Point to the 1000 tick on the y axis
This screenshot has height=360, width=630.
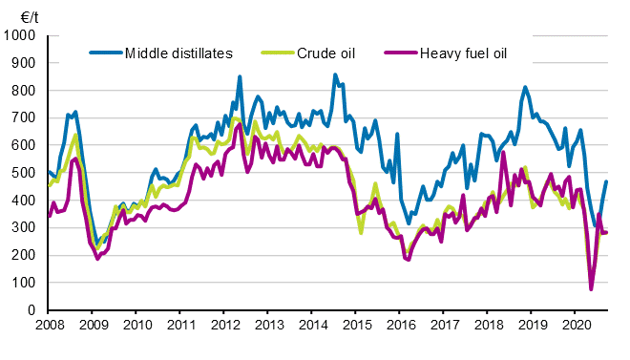coord(19,35)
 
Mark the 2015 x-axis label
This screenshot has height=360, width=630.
coord(355,327)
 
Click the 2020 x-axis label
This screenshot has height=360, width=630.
coord(575,327)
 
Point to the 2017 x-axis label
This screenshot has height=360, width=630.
coord(443,327)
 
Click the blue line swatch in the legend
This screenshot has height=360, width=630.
coord(105,52)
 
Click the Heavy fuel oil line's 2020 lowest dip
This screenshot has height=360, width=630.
coord(591,288)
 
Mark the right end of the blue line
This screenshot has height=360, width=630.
coord(606,181)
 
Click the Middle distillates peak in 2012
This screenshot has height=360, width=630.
coord(240,76)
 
